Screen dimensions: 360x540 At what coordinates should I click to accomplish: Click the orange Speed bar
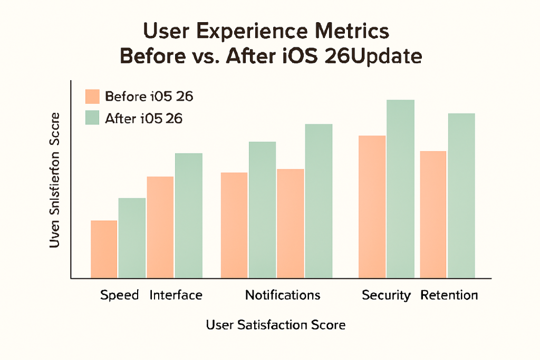tap(104, 249)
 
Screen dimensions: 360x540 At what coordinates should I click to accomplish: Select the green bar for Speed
tap(132, 238)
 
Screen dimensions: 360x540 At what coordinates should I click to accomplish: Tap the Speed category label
tap(119, 295)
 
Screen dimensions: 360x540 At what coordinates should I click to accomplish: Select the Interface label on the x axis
tap(176, 295)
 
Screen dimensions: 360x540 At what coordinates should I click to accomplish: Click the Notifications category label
tap(283, 295)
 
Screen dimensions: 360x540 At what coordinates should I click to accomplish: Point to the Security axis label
tap(386, 295)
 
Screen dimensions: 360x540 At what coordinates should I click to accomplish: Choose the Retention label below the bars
tap(449, 295)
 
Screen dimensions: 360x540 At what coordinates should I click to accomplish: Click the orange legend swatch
tap(92, 97)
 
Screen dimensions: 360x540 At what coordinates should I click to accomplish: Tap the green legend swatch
tap(92, 118)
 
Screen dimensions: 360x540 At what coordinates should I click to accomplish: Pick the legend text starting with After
tap(143, 119)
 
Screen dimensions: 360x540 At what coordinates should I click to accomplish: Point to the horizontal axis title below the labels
tap(276, 325)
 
